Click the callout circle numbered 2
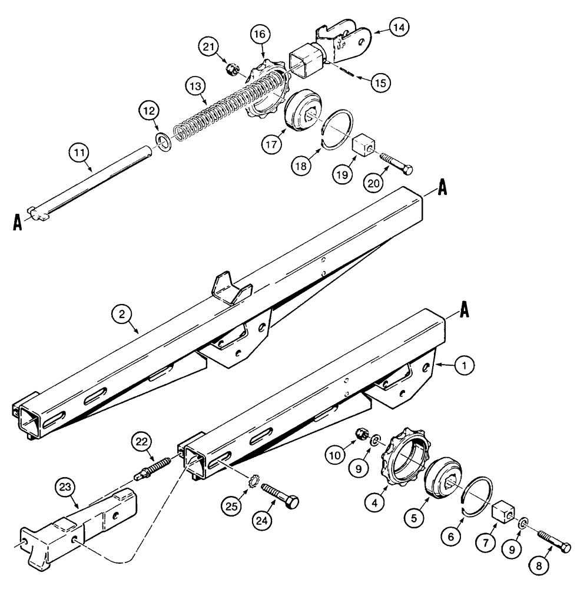click(122, 315)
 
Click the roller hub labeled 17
click(303, 112)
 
